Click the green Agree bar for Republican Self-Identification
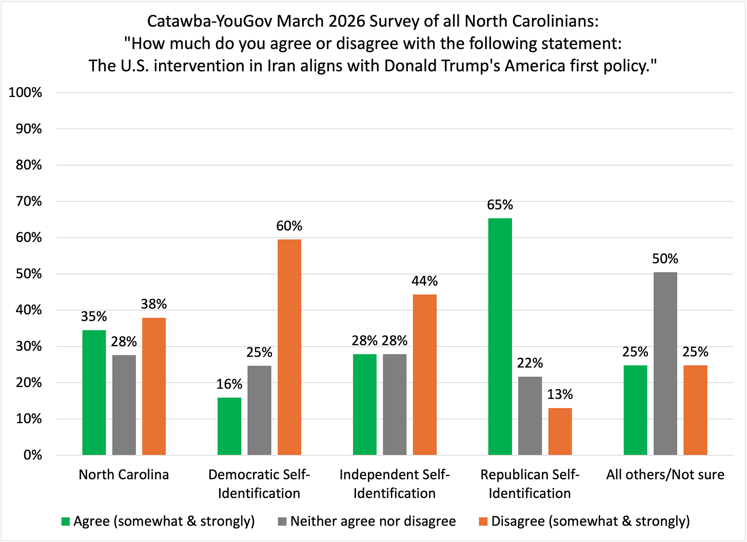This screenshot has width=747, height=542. click(x=500, y=336)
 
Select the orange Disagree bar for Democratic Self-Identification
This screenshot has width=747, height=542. click(x=289, y=347)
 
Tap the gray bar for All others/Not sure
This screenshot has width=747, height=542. click(x=665, y=364)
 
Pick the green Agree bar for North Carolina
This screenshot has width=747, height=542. click(x=94, y=392)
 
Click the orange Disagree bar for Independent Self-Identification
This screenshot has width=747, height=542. click(x=424, y=374)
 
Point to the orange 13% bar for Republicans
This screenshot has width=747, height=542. click(x=560, y=431)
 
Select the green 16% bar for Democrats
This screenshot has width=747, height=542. click(x=229, y=426)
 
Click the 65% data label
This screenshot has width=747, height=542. click(x=500, y=205)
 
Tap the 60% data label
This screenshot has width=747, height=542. click(x=289, y=226)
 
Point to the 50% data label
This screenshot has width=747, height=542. click(x=665, y=259)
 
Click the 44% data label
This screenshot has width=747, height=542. click(x=424, y=281)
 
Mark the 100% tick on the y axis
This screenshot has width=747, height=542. click(x=25, y=93)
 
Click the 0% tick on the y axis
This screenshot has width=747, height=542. click(x=32, y=455)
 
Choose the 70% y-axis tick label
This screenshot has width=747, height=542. click(x=29, y=202)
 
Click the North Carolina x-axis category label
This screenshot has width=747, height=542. click(x=124, y=475)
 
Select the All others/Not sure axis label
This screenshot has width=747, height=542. click(x=665, y=475)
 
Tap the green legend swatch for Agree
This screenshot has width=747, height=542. click(x=65, y=522)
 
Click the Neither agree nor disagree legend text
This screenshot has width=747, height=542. click(x=373, y=521)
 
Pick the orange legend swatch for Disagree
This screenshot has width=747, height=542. click(x=483, y=522)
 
